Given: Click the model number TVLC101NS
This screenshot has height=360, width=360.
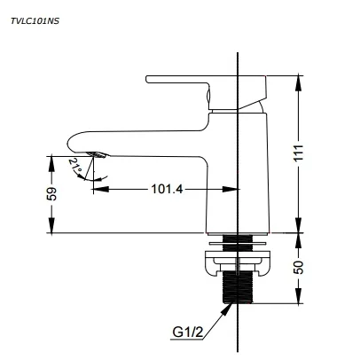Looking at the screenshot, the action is click(x=35, y=21).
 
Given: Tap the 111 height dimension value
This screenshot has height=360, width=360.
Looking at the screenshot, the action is click(x=299, y=153).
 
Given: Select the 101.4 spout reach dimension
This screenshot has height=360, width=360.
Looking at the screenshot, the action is click(x=167, y=189).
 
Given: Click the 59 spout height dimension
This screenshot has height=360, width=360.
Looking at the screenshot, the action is click(x=51, y=194).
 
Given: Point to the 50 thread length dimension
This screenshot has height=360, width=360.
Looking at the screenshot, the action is click(x=299, y=267).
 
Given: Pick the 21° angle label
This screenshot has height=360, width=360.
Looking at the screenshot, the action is click(x=75, y=166).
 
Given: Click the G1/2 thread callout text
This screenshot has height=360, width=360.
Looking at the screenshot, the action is click(x=188, y=333).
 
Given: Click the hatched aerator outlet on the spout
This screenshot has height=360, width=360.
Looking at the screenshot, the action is click(x=96, y=154).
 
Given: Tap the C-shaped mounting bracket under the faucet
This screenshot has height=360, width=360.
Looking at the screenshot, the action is click(x=237, y=262).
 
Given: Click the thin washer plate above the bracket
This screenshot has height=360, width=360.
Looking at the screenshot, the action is click(x=238, y=244).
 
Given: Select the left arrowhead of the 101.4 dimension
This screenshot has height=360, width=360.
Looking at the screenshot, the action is click(x=101, y=189).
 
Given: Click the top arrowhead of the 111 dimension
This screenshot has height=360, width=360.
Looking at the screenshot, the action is click(x=299, y=83).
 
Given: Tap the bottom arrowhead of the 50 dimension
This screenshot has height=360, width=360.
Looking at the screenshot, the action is click(x=299, y=296).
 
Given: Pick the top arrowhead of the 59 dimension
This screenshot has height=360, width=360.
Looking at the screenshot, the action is click(x=51, y=163).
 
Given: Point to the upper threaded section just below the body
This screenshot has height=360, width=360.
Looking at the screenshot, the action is click(x=238, y=239).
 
